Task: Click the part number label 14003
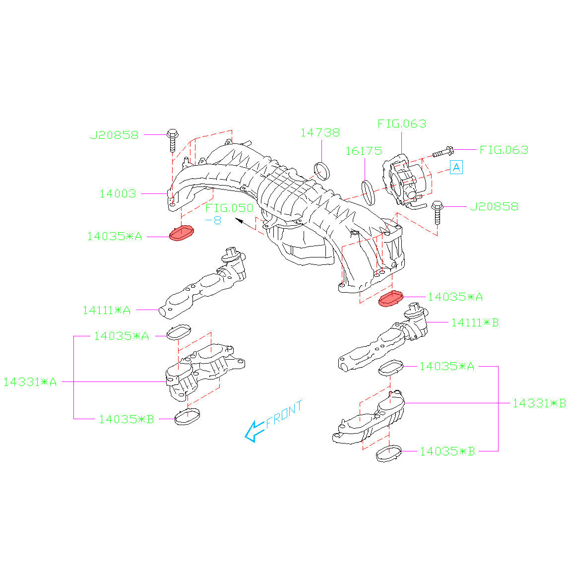tap(118, 193)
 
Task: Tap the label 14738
tap(320, 133)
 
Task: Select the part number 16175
tap(364, 151)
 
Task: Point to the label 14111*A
tap(107, 310)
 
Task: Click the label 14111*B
tap(475, 322)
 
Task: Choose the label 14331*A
tap(30, 382)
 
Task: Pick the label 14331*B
tap(539, 403)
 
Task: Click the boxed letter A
tap(456, 167)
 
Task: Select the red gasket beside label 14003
tap(182, 233)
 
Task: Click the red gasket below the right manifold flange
tap(391, 299)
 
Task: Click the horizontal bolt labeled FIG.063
tap(442, 152)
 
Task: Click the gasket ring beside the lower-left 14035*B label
tap(188, 417)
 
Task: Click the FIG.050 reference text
tap(229, 208)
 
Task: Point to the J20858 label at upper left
tap(114, 134)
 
